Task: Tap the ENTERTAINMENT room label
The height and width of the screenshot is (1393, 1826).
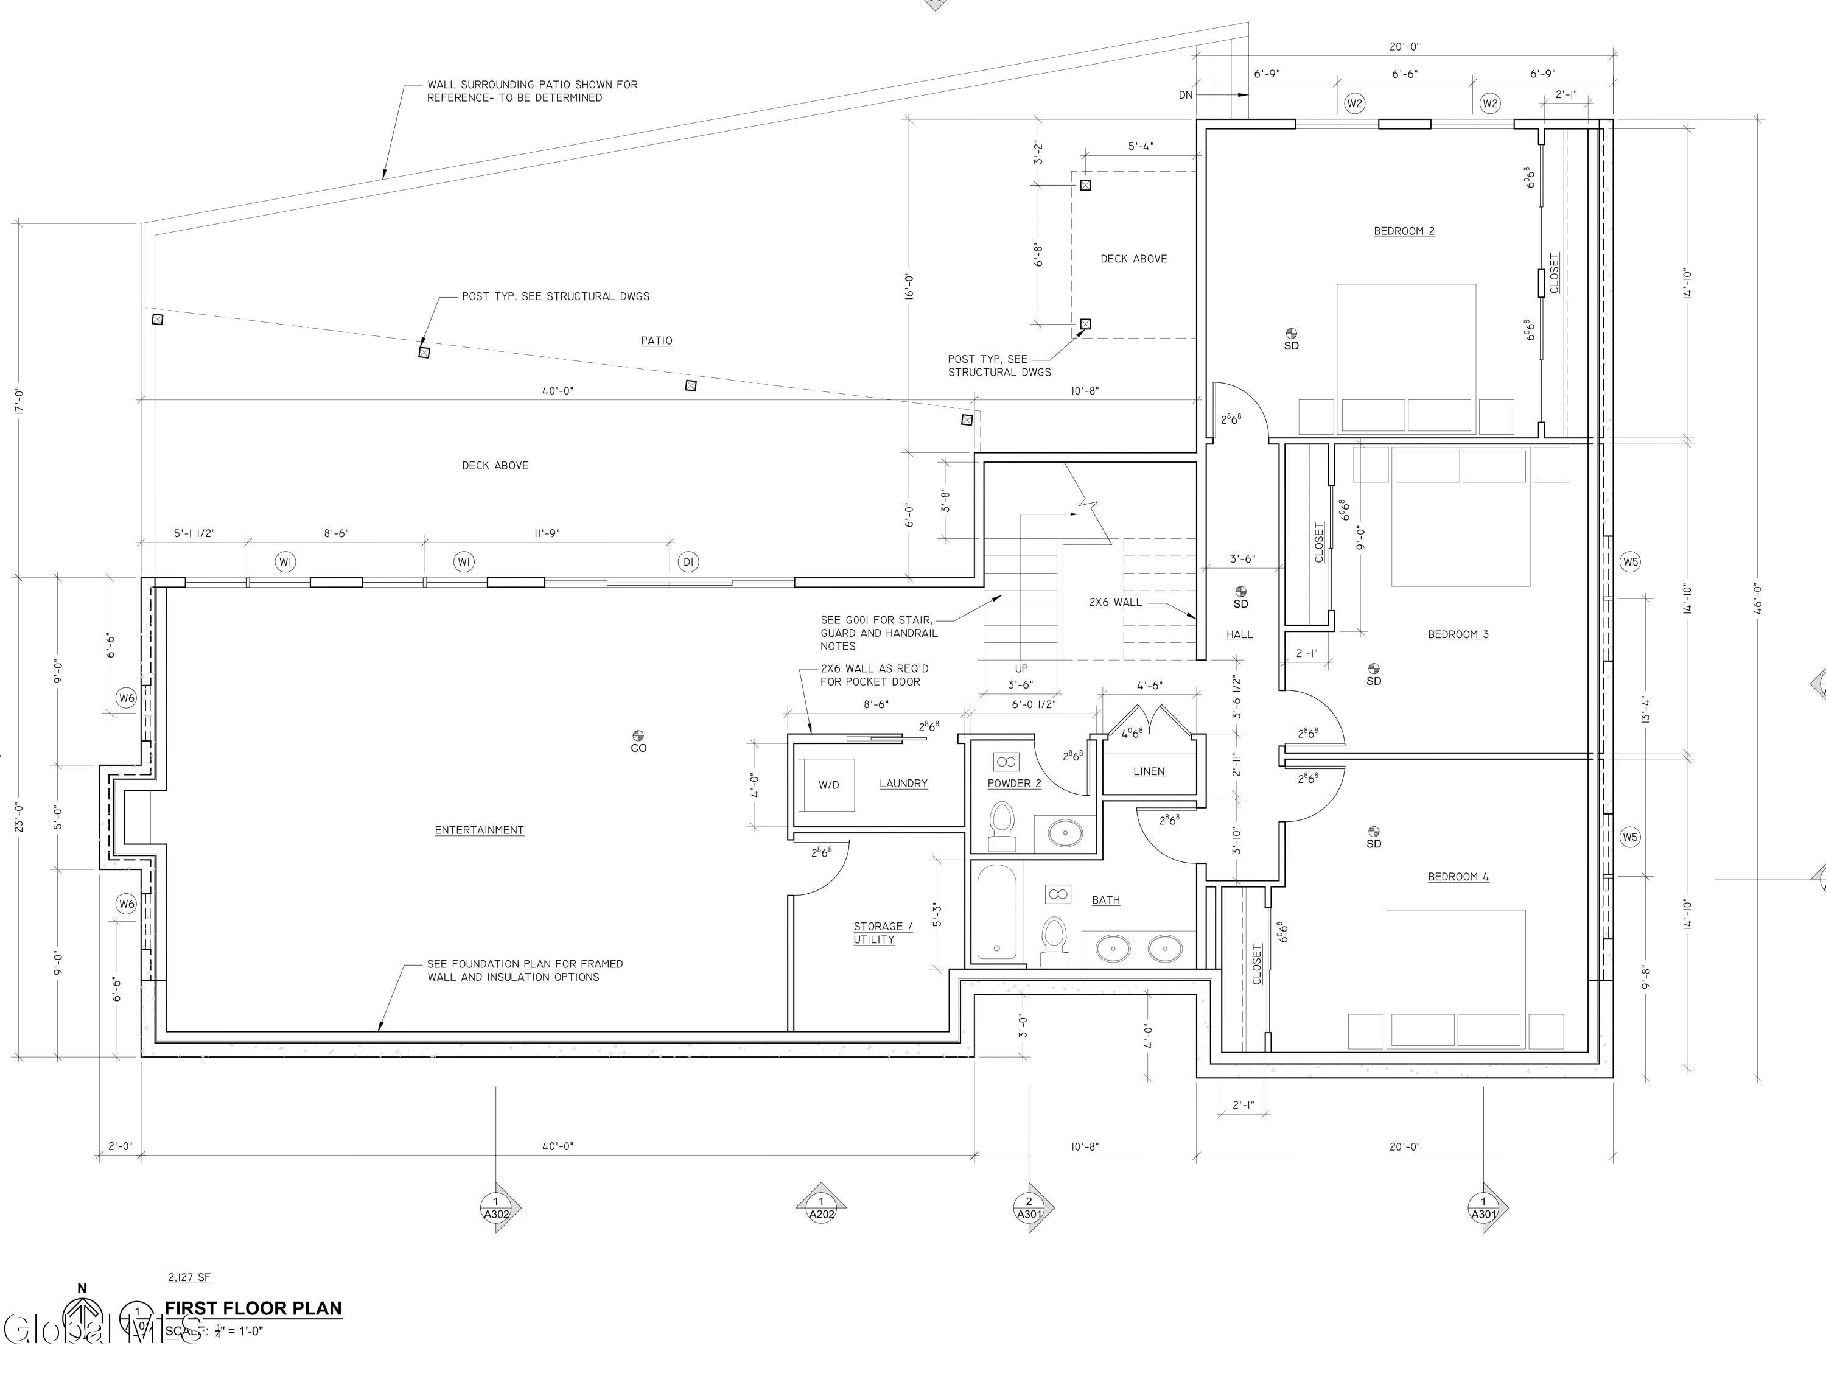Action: coord(479,830)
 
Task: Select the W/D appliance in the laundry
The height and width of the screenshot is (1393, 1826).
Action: coord(827,784)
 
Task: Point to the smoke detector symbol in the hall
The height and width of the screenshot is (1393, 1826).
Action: coord(1240,591)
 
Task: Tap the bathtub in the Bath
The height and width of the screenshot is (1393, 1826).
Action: coord(996,913)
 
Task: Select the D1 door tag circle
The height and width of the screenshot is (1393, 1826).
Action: coord(688,562)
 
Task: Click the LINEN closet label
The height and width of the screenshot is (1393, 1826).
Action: coord(1149,771)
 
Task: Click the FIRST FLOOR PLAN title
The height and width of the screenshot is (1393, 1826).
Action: coord(253,1308)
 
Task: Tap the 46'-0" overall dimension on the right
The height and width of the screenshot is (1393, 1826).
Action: coord(1757,598)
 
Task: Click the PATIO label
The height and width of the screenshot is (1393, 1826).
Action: coord(657,341)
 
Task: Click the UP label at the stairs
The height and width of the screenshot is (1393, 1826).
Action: coord(1021,668)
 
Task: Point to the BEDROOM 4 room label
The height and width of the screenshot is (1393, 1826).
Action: coord(1458,877)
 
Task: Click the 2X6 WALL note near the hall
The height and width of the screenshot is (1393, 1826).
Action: coord(1115,603)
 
